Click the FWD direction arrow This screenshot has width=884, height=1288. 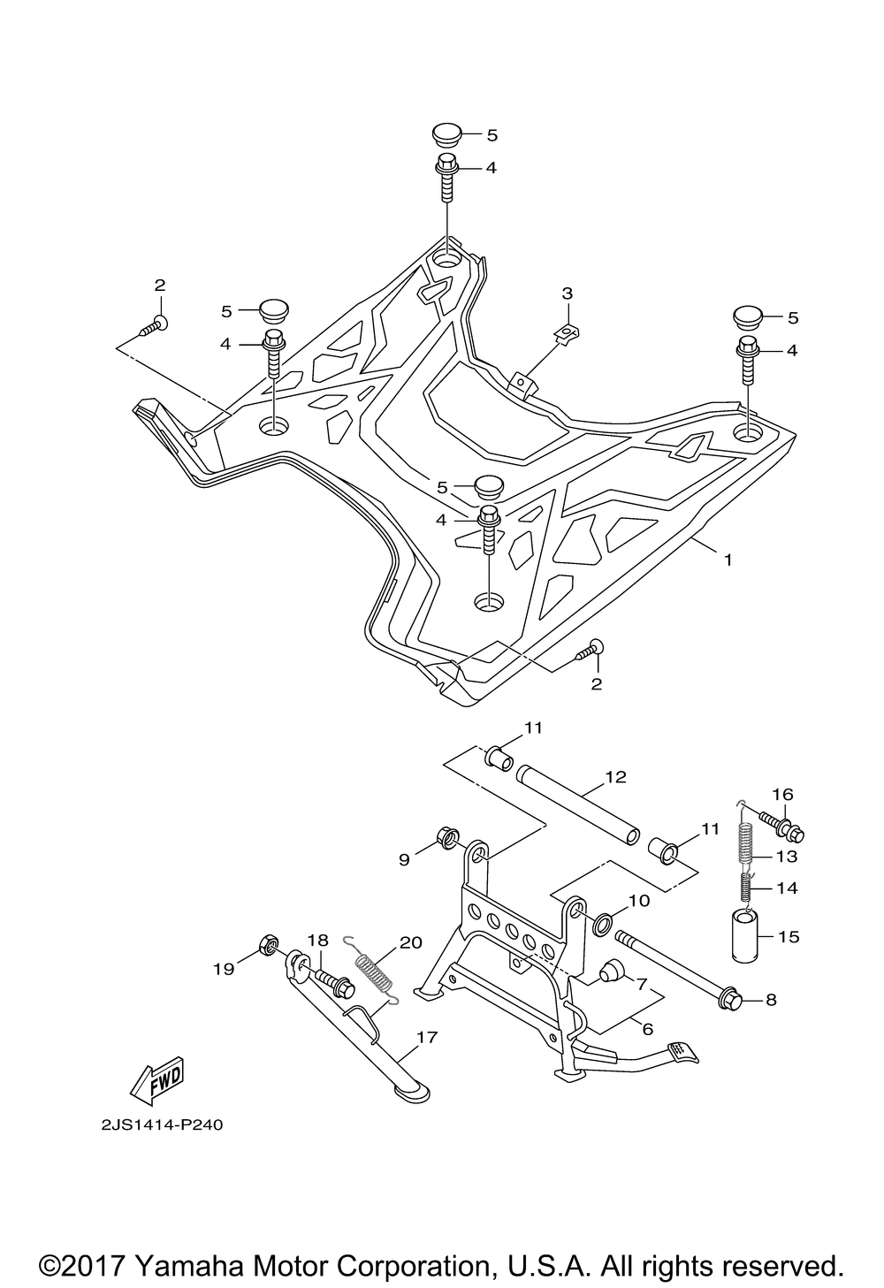coord(156,1080)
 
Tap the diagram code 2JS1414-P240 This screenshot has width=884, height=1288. coord(162,1124)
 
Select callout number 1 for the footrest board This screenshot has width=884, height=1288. coord(728,559)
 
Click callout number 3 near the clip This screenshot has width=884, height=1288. coord(568,293)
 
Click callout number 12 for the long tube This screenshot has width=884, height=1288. coord(615,777)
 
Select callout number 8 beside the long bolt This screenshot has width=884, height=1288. coord(771,1000)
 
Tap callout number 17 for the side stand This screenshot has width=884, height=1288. coord(427,1037)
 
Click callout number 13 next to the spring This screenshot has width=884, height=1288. coord(788,857)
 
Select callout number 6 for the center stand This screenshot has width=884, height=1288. coord(648,1029)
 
